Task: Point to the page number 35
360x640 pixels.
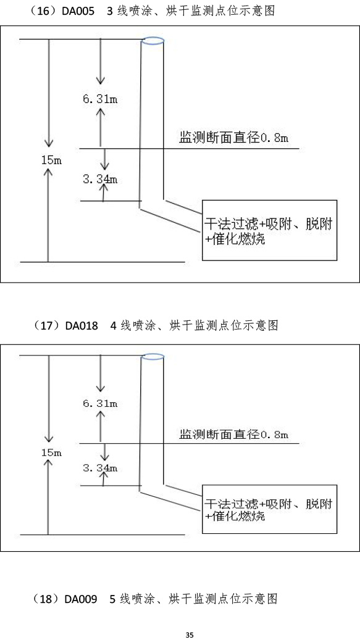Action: pyautogui.click(x=189, y=634)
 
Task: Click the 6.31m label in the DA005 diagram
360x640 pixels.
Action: pyautogui.click(x=100, y=99)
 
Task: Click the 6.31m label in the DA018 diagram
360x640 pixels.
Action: pyautogui.click(x=100, y=404)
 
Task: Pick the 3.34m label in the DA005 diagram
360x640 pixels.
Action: pyautogui.click(x=100, y=179)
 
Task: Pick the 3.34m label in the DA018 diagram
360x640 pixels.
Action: pyautogui.click(x=100, y=467)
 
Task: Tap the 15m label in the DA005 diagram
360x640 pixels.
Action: pyautogui.click(x=51, y=160)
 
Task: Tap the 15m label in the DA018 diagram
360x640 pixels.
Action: pyautogui.click(x=51, y=452)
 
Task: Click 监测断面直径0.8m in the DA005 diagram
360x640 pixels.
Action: pyautogui.click(x=234, y=138)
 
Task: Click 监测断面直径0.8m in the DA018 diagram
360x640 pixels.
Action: pyautogui.click(x=234, y=434)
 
